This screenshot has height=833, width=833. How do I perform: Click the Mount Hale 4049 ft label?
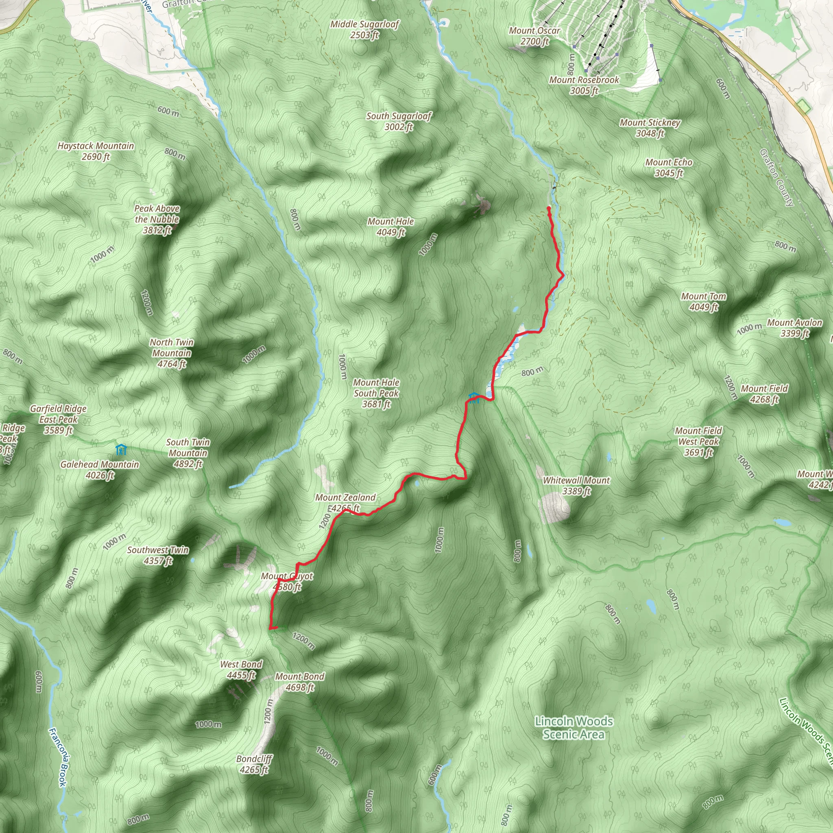[x=390, y=227]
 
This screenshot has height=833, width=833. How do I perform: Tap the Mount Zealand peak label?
[x=345, y=503]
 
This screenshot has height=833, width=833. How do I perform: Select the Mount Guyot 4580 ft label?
[x=287, y=582]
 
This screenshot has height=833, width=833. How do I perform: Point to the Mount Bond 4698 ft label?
[x=300, y=682]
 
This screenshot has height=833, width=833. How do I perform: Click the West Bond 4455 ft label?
[x=241, y=669]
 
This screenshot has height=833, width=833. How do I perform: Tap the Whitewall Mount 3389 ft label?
[x=576, y=485]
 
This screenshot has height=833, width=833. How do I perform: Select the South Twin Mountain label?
[x=188, y=453]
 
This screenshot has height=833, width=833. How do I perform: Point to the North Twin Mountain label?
[x=172, y=353]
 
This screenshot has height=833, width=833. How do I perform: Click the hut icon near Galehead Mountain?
[x=121, y=449]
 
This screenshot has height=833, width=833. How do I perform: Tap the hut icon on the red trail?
[x=474, y=397]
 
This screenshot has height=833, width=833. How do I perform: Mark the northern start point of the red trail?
[x=548, y=208]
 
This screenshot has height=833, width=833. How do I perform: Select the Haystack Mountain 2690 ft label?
[x=96, y=151]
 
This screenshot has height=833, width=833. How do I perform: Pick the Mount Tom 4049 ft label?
[x=703, y=301]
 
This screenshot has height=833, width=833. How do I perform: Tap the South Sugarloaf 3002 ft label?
[x=399, y=121]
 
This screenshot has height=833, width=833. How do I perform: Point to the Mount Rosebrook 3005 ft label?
[x=584, y=85]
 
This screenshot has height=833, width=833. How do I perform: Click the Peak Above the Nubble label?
[x=157, y=219]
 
